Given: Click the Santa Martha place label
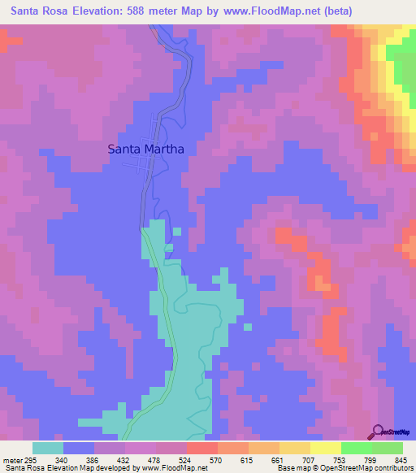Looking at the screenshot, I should click(146, 150).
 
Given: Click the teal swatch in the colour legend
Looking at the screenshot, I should click(48, 448).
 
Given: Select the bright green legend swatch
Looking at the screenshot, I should click(357, 448).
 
